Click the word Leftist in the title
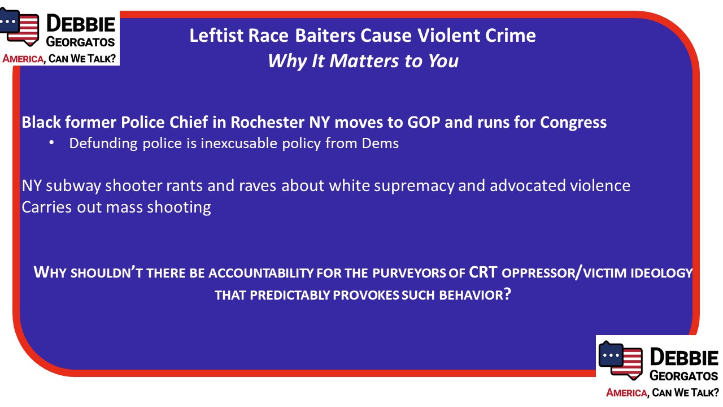click(216, 35)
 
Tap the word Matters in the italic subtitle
click(364, 60)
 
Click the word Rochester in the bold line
click(267, 122)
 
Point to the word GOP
click(424, 122)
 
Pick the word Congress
click(573, 123)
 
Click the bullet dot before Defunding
click(51, 143)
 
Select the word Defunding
click(103, 144)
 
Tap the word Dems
click(380, 143)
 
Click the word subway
click(73, 186)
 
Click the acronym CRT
click(483, 272)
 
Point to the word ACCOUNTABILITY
click(261, 273)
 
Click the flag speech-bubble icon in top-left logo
click(19, 27)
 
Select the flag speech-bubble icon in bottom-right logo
click(620, 360)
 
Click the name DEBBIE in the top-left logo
click(81, 24)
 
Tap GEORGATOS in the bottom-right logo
click(683, 376)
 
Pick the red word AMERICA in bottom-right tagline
click(626, 393)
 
